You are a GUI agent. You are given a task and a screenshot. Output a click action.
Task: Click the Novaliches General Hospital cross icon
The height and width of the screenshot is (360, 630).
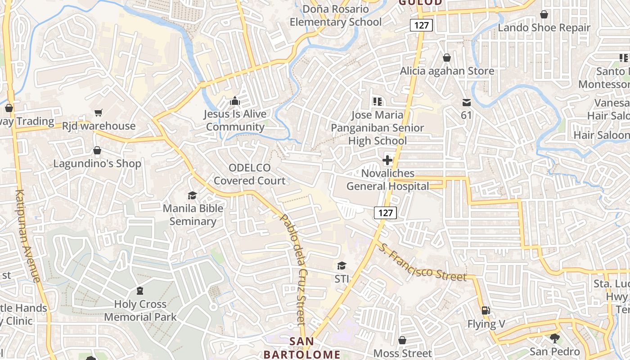tap(387, 160)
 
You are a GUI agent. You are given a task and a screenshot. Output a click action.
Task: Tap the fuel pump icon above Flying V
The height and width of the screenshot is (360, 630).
tap(486, 310)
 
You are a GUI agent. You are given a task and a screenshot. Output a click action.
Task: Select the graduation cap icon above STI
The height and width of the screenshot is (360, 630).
tap(342, 266)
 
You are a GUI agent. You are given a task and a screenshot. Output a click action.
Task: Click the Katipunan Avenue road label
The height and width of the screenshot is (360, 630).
tap(28, 236)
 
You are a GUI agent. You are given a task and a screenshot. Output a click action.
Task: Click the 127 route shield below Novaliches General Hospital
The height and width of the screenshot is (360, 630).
tap(386, 213)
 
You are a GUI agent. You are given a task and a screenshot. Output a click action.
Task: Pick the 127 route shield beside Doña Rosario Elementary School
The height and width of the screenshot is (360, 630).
tap(421, 25)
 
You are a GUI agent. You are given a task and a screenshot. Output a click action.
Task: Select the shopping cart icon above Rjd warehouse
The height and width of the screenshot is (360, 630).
tap(99, 112)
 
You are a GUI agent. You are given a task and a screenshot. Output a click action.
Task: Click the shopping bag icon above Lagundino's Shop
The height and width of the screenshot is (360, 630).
tap(97, 150)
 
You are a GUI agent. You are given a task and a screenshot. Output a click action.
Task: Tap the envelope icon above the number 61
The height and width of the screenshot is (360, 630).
tap(466, 103)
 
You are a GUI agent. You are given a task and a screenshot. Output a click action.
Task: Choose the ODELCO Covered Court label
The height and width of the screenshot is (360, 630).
tap(250, 175)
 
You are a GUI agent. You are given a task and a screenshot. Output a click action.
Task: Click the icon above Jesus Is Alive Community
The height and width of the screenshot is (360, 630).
tap(235, 101)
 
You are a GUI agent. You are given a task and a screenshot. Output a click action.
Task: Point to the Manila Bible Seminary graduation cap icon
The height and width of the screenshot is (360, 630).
tap(193, 195)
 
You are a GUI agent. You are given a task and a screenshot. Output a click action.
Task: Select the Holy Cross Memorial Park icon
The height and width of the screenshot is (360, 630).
tap(140, 291)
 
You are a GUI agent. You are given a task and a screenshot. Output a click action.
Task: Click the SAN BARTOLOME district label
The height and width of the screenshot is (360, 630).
tap(302, 347)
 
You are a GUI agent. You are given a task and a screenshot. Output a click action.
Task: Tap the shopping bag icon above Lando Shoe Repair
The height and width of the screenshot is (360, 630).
tap(544, 14)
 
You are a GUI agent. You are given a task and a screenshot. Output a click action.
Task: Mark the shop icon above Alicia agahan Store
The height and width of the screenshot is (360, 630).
tap(447, 58)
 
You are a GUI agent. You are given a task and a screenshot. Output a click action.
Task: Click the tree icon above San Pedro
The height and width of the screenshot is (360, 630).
tap(555, 338)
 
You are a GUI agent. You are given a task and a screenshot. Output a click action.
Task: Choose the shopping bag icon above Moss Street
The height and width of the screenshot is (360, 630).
tap(402, 340)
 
